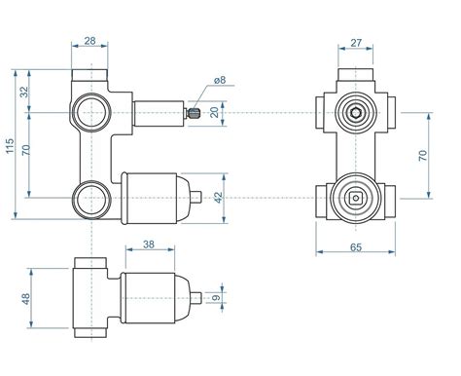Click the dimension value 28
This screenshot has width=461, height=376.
pyautogui.click(x=89, y=41)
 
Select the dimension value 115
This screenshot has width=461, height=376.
pyautogui.click(x=10, y=146)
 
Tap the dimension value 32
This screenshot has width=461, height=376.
pyautogui.click(x=24, y=92)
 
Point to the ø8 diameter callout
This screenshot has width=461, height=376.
pyautogui.click(x=220, y=80)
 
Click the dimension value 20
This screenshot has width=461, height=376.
pyautogui.click(x=215, y=112)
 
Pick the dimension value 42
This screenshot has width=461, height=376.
pyautogui.click(x=219, y=198)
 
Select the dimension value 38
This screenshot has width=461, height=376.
pyautogui.click(x=149, y=244)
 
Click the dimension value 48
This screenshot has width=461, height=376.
pyautogui.click(x=25, y=299)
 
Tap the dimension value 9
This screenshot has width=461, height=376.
pyautogui.click(x=216, y=297)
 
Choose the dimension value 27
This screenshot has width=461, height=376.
pyautogui.click(x=356, y=43)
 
